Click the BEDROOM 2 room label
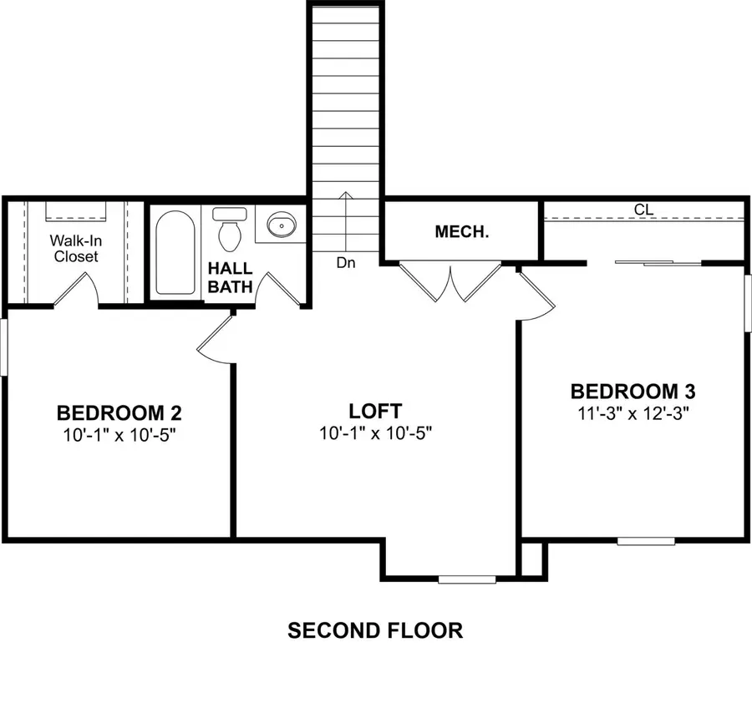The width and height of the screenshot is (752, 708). (119, 413)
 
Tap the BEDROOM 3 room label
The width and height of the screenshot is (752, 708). (633, 392)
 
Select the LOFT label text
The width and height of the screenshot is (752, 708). (375, 412)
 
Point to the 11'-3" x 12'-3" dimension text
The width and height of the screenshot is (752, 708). (633, 412)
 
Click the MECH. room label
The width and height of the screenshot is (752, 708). (462, 232)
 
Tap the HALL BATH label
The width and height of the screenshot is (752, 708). (230, 278)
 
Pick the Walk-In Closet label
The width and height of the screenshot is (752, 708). (76, 248)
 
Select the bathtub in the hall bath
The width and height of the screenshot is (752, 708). (175, 253)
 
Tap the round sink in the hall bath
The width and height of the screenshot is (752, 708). (282, 224)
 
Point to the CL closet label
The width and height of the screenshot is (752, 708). (643, 210)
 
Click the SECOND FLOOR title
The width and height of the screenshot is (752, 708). (375, 630)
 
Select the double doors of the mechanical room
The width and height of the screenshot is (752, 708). (450, 281)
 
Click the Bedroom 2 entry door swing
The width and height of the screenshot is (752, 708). (216, 342)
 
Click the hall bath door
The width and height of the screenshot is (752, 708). (279, 289)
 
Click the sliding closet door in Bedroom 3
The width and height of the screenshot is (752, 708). (658, 263)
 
